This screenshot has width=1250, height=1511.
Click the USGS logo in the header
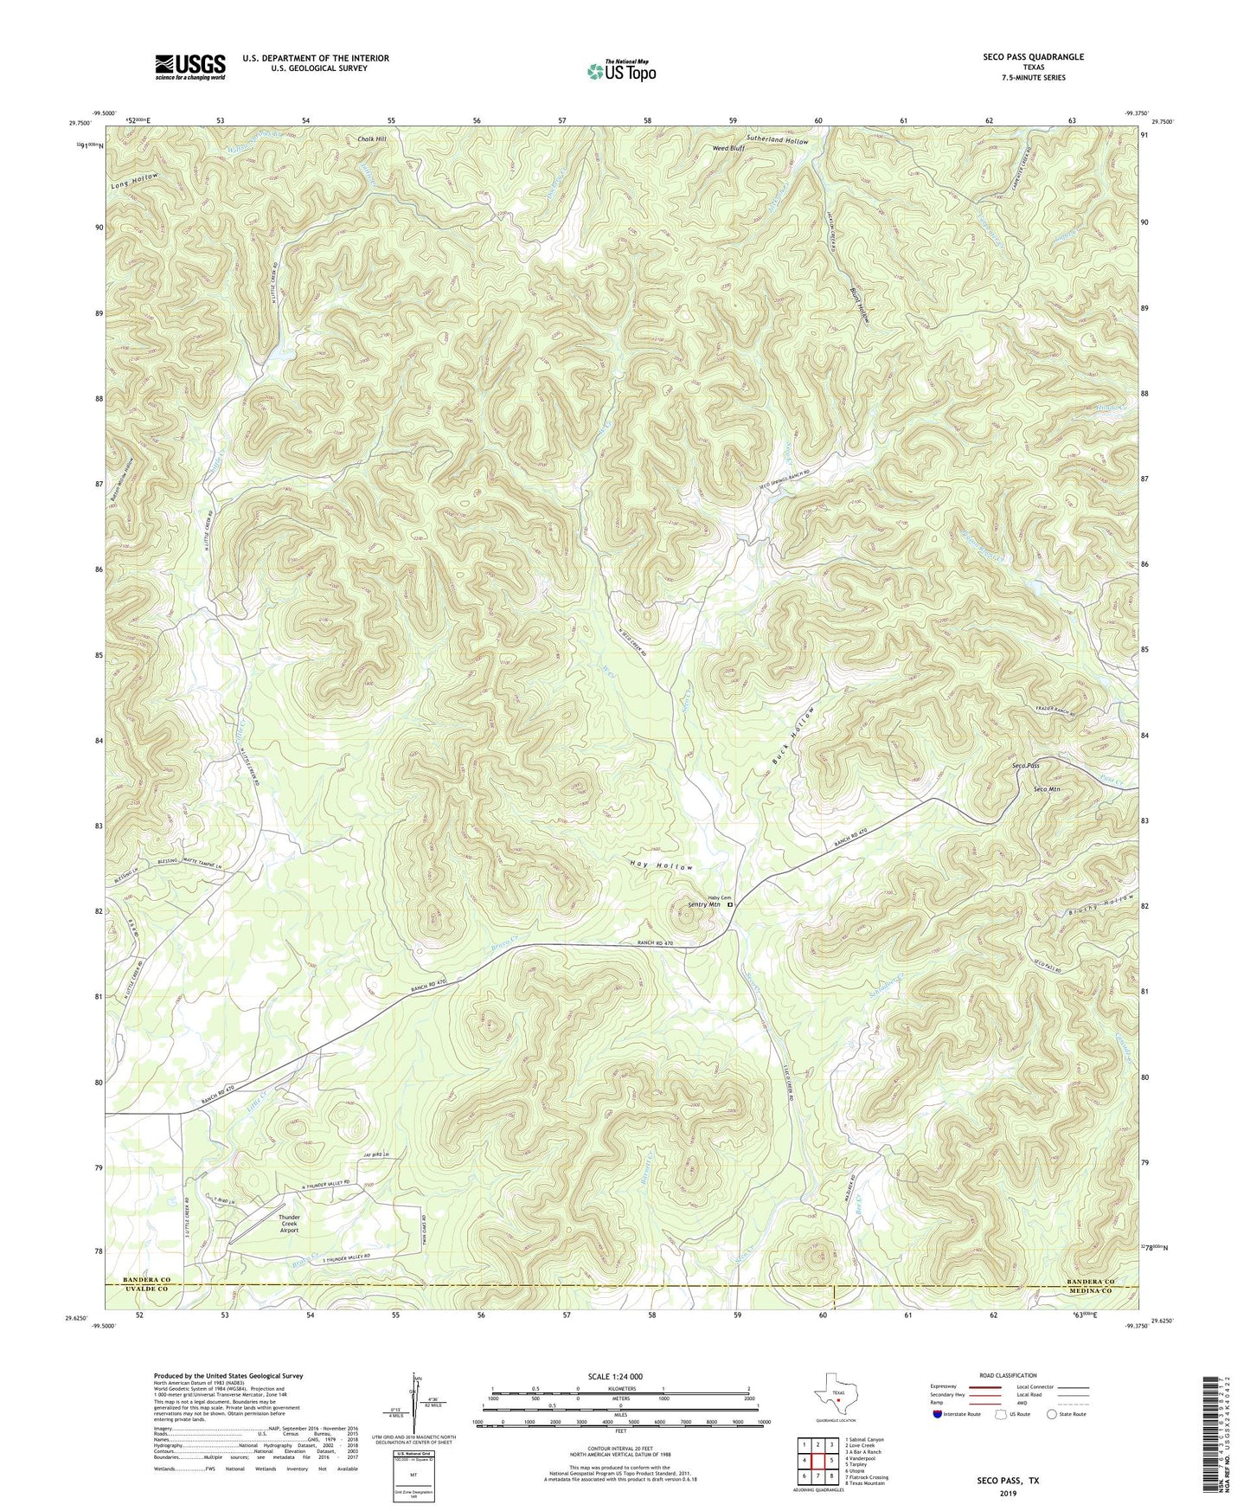point(190,66)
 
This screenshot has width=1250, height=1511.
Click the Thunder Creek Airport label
point(289,1222)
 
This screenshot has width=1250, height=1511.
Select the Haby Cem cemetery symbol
point(728,905)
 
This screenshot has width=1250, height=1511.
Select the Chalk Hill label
point(371,138)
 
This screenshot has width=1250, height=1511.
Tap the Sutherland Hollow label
point(778,140)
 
